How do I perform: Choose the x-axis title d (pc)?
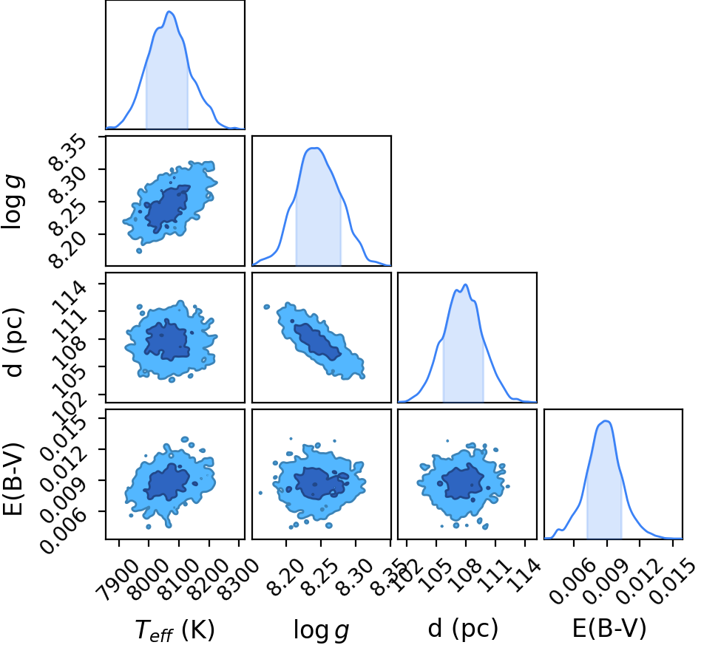point(463,629)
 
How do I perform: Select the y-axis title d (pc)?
point(13,342)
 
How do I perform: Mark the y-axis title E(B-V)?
point(13,479)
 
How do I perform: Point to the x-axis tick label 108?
point(467,573)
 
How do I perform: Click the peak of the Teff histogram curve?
point(169,12)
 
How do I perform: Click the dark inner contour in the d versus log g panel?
point(317,342)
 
